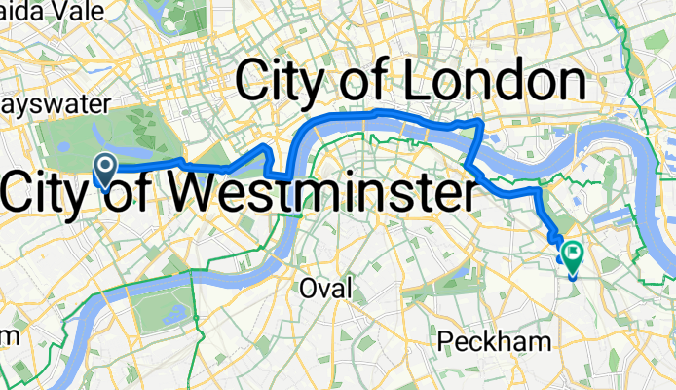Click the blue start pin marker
(x=104, y=168)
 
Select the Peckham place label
(x=495, y=341)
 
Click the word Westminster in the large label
(x=314, y=193)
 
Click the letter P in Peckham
(x=445, y=341)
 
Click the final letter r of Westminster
(x=469, y=195)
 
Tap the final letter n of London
(x=567, y=84)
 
